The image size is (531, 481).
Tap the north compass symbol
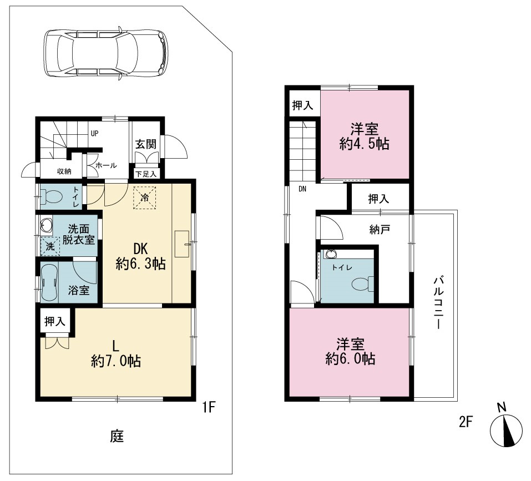(506, 428)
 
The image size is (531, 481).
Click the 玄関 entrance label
(146, 144)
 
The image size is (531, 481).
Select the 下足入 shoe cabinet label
(146, 174)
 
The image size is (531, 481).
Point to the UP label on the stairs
(94, 134)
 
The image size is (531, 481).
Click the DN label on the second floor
(302, 189)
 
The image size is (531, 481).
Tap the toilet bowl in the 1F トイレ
(51, 196)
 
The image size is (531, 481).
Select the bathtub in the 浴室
(50, 282)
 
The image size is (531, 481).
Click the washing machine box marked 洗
(50, 246)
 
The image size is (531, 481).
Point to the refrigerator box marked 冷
(145, 198)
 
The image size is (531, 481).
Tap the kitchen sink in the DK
(182, 244)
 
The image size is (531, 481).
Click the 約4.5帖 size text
(365, 144)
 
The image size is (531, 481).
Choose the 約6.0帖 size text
(351, 359)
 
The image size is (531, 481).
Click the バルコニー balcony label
(439, 303)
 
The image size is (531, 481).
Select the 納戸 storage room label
(380, 230)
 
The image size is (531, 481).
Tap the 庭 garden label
(117, 436)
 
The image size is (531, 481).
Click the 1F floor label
(209, 407)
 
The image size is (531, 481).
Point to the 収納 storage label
(64, 171)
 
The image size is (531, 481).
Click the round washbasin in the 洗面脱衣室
(45, 224)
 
